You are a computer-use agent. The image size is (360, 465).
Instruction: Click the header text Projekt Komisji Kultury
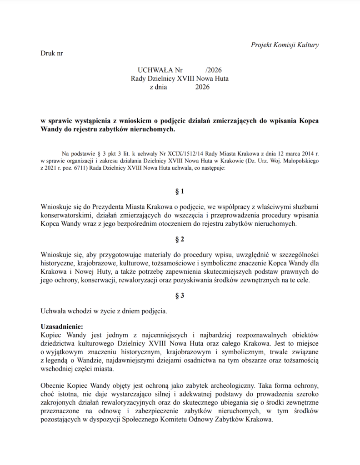coord(285,45)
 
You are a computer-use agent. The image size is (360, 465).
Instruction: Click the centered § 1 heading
coord(180,191)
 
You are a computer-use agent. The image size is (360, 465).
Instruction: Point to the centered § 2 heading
coord(180,239)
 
